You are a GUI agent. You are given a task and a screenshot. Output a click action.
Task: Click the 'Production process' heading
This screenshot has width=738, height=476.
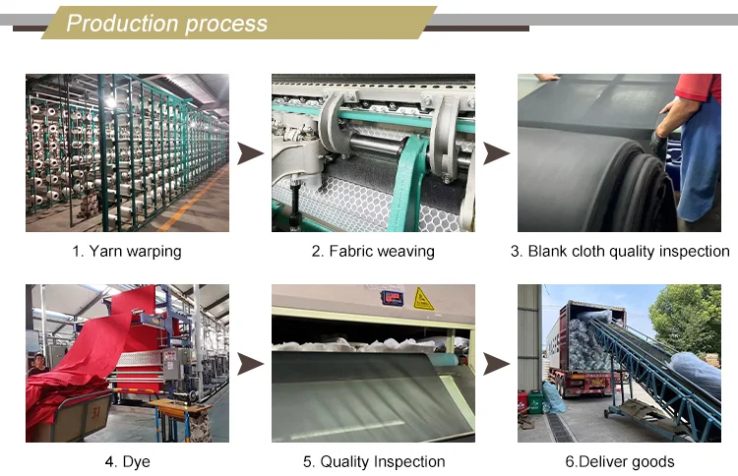pos(166,24)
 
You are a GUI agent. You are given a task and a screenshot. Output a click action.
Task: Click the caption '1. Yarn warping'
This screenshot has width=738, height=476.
pos(127,252)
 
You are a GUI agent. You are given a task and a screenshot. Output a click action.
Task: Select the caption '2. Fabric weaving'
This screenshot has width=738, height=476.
pos(373,252)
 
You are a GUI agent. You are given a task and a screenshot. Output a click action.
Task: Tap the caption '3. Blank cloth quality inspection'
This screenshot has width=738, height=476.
pos(619,252)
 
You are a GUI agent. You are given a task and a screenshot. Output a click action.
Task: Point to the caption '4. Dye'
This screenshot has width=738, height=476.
pos(127,462)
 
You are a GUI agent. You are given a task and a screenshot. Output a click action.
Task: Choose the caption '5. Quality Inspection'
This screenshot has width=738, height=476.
pos(373,462)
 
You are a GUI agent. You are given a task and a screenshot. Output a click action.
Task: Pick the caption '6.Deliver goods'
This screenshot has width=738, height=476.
pos(619,462)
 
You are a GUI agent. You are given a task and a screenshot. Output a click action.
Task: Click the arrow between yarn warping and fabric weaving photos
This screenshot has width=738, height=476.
pos(251,153)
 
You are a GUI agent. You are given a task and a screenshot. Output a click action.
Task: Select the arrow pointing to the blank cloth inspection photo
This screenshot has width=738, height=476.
pos(497,153)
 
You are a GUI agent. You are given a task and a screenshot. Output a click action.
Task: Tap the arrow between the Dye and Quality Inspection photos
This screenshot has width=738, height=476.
pos(251,365)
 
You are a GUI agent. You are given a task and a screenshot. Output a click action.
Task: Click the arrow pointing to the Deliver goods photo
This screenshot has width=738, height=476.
pos(497,365)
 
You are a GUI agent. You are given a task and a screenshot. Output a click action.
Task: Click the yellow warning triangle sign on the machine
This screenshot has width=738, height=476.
pos(424,298)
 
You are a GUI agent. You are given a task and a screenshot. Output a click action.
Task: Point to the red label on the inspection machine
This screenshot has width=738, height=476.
pos(393,297)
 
